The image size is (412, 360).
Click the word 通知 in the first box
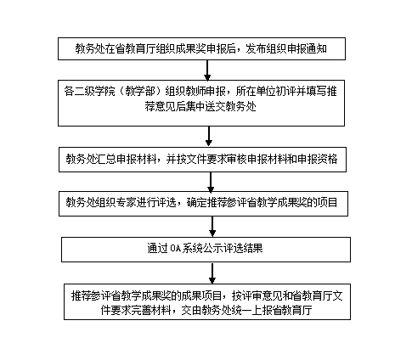point(317,48)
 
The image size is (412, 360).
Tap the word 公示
point(213,249)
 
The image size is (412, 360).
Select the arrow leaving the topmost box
point(207,70)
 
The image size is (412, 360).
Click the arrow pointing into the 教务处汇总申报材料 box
point(209,137)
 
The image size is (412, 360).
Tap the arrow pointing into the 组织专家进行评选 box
point(211,182)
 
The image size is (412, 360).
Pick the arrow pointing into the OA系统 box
point(212,227)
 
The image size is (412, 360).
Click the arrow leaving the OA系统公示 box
point(212,273)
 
